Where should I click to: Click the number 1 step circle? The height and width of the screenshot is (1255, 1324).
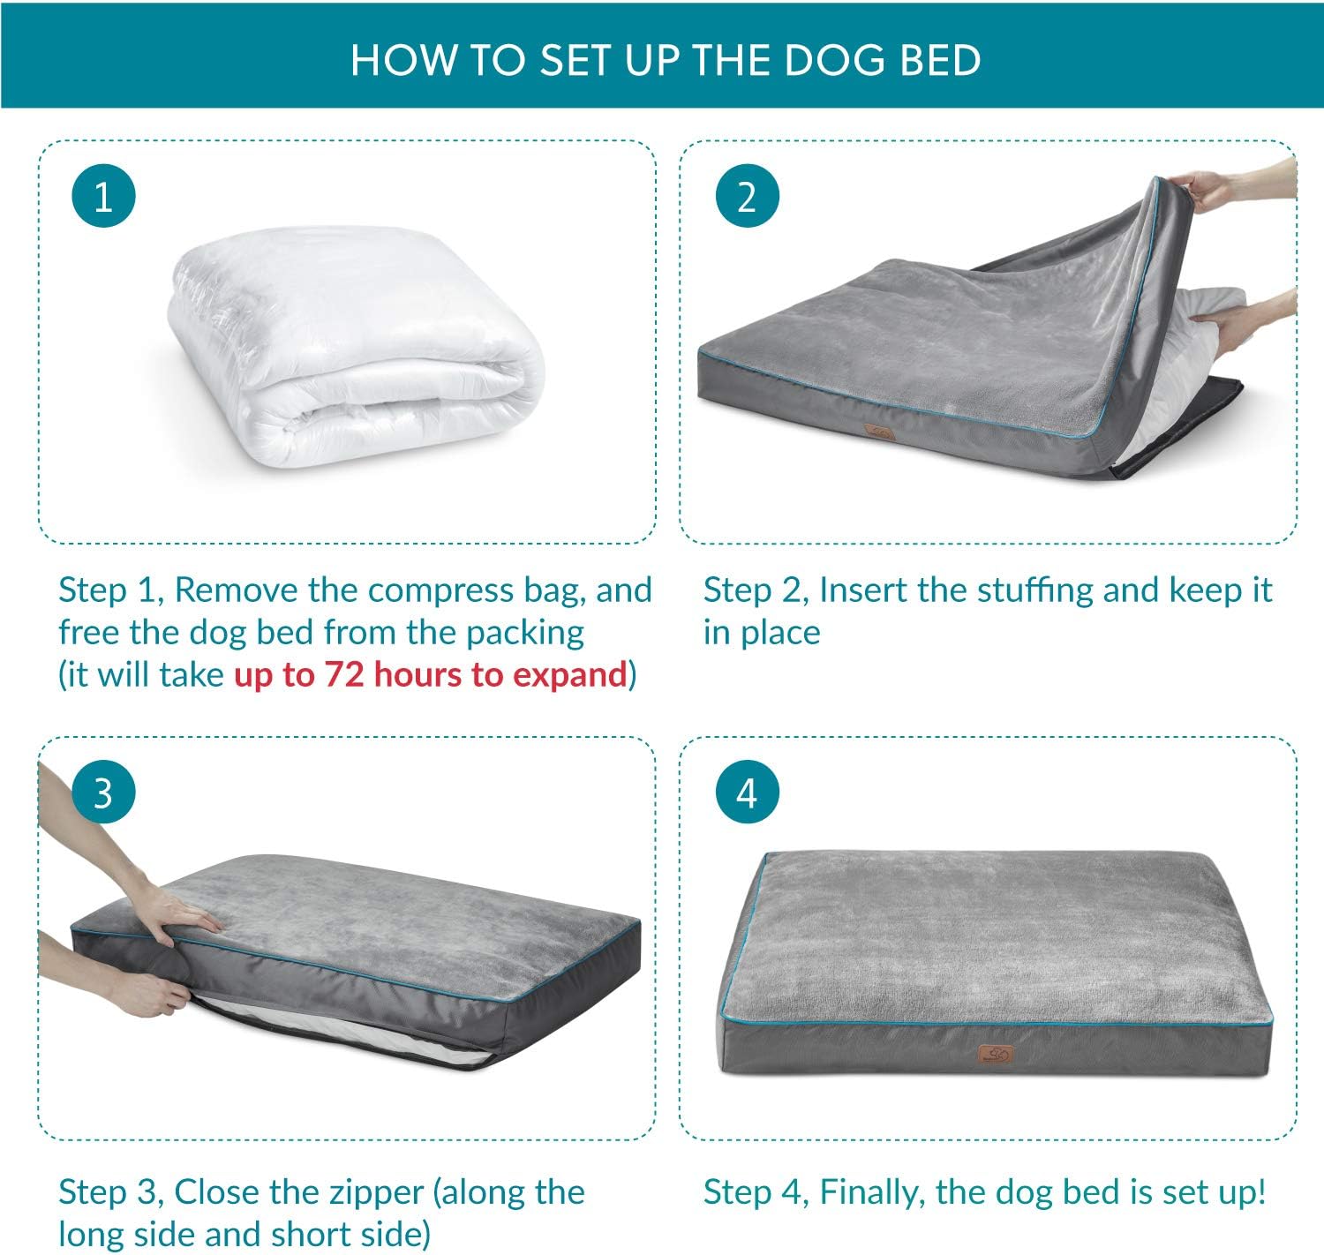tap(103, 196)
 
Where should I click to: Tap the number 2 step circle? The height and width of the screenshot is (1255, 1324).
tap(747, 196)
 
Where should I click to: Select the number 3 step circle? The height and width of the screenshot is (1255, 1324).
tap(103, 793)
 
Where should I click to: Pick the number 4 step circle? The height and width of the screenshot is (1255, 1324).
tap(747, 793)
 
